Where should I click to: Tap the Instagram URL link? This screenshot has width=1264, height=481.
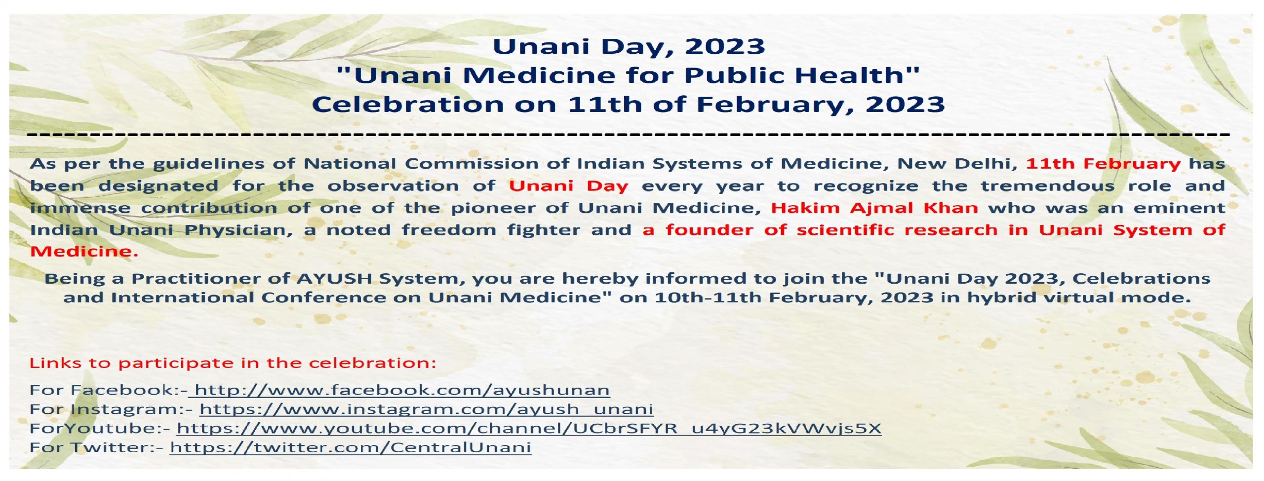click(426, 409)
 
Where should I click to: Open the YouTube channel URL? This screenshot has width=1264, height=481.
click(529, 428)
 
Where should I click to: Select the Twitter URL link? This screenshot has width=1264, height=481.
click(351, 447)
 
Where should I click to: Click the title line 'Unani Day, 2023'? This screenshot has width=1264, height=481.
click(629, 47)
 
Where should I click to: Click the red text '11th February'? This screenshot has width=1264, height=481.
click(1103, 164)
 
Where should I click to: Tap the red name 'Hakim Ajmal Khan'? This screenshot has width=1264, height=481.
click(874, 208)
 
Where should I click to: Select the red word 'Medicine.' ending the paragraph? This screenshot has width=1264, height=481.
click(84, 252)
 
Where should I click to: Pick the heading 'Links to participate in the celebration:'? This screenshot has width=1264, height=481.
click(233, 363)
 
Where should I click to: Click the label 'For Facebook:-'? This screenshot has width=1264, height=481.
click(109, 390)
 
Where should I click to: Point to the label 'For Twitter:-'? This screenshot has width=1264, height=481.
click(96, 447)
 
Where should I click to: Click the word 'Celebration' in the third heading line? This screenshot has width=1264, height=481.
click(408, 105)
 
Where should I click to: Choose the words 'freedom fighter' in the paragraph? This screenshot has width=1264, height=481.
click(490, 230)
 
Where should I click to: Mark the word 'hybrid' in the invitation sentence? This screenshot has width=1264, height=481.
click(1001, 298)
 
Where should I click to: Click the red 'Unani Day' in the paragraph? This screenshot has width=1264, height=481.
click(569, 186)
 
